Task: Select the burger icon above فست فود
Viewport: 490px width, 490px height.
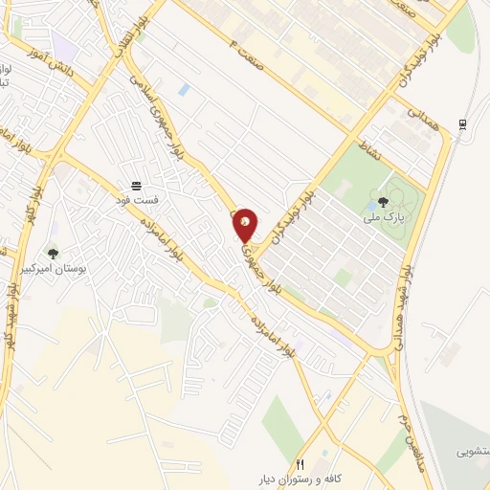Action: pos(138,183)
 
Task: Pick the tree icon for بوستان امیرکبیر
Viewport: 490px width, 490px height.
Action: pos(52,254)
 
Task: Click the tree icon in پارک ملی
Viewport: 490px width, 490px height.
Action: pos(383,201)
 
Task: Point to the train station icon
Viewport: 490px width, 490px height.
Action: pos(463,123)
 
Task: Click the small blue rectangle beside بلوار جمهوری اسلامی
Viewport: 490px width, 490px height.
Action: pos(183,91)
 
